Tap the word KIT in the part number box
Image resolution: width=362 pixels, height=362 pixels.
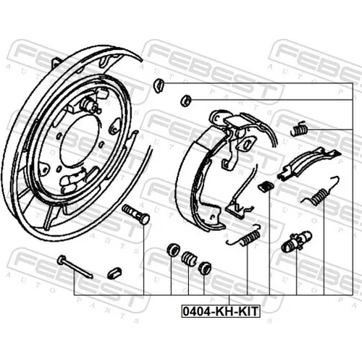pyautogui.click(x=248, y=311)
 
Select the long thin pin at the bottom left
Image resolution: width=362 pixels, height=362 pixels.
pyautogui.click(x=75, y=266)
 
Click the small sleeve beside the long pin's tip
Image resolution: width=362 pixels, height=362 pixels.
pyautogui.click(x=114, y=273)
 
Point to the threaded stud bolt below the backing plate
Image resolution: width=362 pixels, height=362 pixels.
pyautogui.click(x=136, y=214)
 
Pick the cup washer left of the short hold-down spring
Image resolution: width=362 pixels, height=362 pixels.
pyautogui.click(x=173, y=250)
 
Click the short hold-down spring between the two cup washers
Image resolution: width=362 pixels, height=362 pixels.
pyautogui.click(x=189, y=258)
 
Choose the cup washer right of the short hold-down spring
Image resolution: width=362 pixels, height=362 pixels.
pyautogui.click(x=205, y=268)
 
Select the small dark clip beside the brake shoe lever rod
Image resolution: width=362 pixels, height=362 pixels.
pyautogui.click(x=266, y=186)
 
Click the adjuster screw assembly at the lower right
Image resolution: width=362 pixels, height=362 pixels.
pyautogui.click(x=297, y=241)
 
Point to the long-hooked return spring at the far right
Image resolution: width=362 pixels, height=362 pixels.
pyautogui.click(x=321, y=193)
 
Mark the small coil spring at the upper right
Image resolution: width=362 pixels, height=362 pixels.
pyautogui.click(x=299, y=129)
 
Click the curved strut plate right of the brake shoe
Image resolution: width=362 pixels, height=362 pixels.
pyautogui.click(x=309, y=164)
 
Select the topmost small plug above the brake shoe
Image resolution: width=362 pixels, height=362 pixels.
pyautogui.click(x=159, y=85)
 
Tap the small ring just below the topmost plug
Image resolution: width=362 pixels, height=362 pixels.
pyautogui.click(x=186, y=101)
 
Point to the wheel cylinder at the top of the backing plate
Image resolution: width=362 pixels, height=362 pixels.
pyautogui.click(x=90, y=104)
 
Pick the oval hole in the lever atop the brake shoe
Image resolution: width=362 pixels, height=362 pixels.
pyautogui.click(x=247, y=145)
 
